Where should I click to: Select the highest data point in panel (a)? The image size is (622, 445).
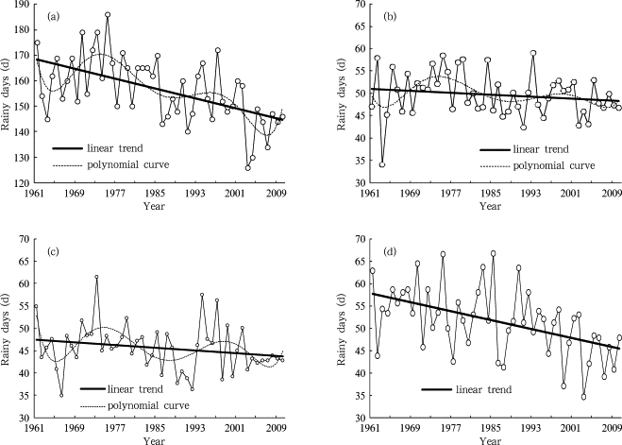tap(108, 15)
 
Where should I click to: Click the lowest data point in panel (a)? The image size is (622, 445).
tap(247, 168)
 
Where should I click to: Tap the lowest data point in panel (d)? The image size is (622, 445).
tap(583, 397)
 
